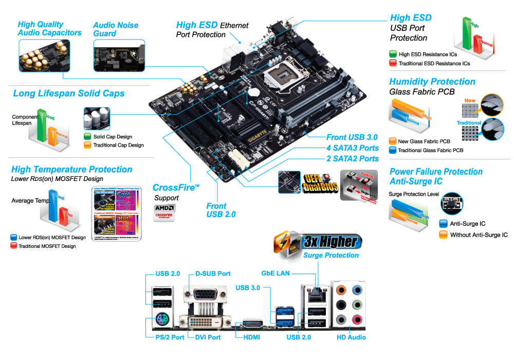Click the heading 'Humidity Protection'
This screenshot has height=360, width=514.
[x=432, y=82]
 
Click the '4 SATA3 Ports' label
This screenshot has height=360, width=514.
[x=352, y=148]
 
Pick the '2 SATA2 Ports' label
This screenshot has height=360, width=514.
[x=352, y=158]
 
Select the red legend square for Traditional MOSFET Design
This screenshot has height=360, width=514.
[x=14, y=246]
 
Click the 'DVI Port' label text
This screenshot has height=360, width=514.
[x=208, y=337]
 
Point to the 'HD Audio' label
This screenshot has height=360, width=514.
[x=351, y=337]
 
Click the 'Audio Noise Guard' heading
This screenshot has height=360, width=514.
[x=116, y=29]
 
